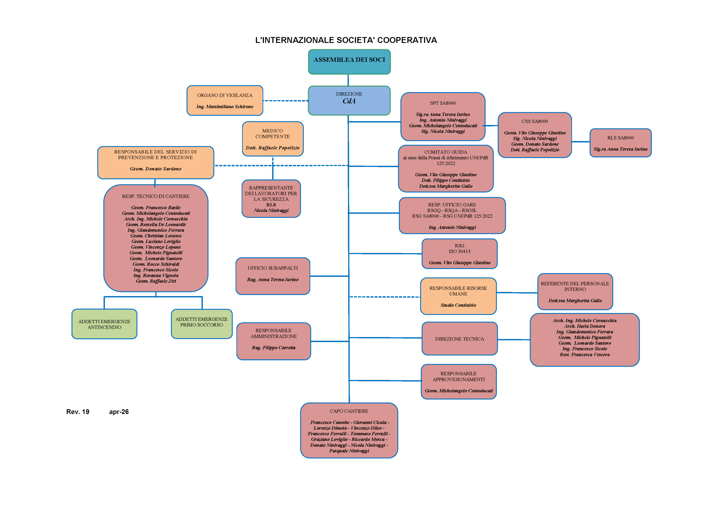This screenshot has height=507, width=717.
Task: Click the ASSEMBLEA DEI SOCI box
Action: pyautogui.click(x=349, y=62)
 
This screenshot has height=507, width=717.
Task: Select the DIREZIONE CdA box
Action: pyautogui.click(x=349, y=100)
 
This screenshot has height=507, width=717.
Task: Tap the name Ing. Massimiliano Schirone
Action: pyautogui.click(x=225, y=106)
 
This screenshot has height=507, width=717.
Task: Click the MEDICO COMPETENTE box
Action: pyautogui.click(x=273, y=138)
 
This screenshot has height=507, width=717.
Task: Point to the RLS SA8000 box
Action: pyautogui.click(x=620, y=143)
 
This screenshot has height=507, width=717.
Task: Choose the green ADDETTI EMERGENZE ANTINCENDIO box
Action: pyautogui.click(x=104, y=324)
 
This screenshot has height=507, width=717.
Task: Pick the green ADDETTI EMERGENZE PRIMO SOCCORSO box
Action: pyautogui.click(x=201, y=324)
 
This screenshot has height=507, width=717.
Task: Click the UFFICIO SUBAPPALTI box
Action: pyautogui.click(x=273, y=276)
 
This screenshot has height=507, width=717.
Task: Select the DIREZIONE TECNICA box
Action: pyautogui.click(x=459, y=339)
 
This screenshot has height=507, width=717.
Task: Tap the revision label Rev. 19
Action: pyautogui.click(x=78, y=412)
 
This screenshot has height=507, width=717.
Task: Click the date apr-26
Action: pyautogui.click(x=119, y=412)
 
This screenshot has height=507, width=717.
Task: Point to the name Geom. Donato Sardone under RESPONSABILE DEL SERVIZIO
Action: pyautogui.click(x=155, y=169)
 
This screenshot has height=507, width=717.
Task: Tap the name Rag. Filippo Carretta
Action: pyautogui.click(x=274, y=347)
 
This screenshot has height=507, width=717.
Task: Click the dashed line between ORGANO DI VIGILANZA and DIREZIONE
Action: pyautogui.click(x=285, y=101)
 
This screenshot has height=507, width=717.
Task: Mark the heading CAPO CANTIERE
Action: pyautogui.click(x=349, y=411)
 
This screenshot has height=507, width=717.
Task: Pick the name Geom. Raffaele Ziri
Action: pyautogui.click(x=156, y=281)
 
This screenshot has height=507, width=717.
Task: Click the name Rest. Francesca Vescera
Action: pyautogui.click(x=584, y=355)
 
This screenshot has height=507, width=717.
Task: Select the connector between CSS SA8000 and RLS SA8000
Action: pyautogui.click(x=581, y=142)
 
